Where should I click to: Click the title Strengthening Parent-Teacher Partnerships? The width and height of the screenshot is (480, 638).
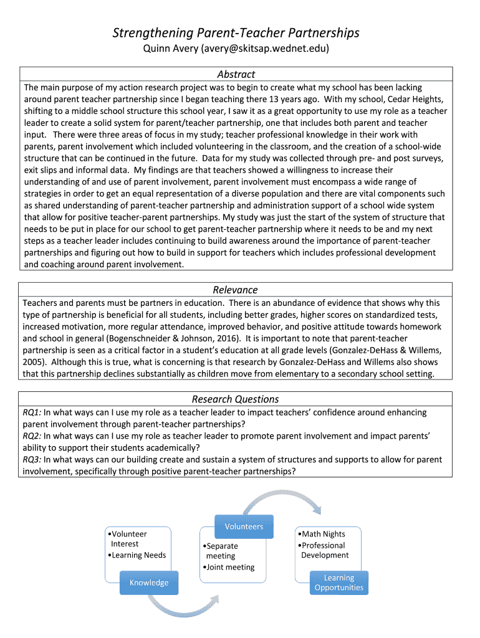pos(236,32)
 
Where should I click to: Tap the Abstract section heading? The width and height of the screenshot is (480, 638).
pos(236,74)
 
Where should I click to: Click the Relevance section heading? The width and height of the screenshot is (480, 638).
pos(235,290)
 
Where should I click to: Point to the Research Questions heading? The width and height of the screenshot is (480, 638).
pos(235,399)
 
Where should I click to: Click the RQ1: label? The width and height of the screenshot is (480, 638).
pos(32,412)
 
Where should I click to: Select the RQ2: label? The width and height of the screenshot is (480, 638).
pos(32,436)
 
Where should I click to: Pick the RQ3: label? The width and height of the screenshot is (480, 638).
pos(32,460)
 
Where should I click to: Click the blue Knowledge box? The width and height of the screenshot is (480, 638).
pos(149,583)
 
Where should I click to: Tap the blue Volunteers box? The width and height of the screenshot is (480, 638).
pos(244,526)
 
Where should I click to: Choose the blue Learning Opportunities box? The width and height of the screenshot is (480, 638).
pos(339,583)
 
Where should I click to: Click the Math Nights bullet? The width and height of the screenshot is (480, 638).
pos(322,534)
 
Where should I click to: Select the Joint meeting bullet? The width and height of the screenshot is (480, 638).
pos(229,567)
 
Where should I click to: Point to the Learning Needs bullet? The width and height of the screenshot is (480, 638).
pos(138,555)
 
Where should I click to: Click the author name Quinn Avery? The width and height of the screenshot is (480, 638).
pos(163,48)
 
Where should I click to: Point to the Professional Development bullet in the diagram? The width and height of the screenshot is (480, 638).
pos(324,550)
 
